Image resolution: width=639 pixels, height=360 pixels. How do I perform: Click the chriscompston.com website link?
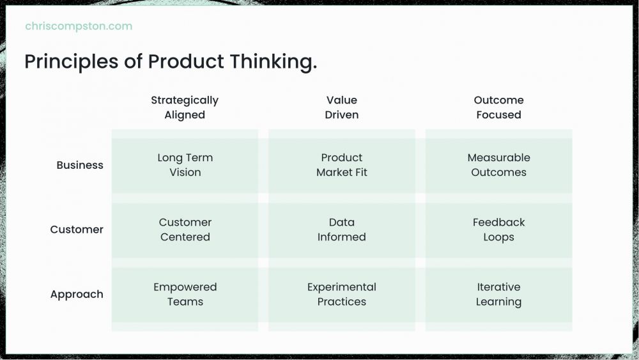(79, 26)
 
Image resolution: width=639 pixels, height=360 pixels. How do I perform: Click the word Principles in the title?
(72, 62)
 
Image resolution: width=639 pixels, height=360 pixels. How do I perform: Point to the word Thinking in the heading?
(271, 62)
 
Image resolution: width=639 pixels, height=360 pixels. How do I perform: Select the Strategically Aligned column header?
(185, 107)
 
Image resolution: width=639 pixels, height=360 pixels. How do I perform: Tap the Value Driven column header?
(341, 107)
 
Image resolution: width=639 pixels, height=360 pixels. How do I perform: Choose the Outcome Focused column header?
(498, 107)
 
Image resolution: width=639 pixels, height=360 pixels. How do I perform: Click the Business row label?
(80, 165)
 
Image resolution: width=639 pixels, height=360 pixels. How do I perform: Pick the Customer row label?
(77, 230)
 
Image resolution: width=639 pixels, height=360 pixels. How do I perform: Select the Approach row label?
(77, 294)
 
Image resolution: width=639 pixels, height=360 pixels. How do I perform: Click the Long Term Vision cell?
(185, 165)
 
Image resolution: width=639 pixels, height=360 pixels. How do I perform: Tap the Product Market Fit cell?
(341, 165)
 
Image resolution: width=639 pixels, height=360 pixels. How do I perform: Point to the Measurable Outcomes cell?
(499, 165)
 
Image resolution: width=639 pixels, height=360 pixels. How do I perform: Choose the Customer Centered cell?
(185, 230)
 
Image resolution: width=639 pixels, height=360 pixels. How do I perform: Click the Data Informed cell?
(341, 230)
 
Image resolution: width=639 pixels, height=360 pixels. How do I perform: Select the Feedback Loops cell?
(499, 230)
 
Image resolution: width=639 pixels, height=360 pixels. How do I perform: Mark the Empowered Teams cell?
(185, 295)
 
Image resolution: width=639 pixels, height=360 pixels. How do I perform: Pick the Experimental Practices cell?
(341, 295)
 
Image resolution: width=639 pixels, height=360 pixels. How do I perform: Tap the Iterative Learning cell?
(499, 295)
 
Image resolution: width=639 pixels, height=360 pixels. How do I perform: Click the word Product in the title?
(186, 62)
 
